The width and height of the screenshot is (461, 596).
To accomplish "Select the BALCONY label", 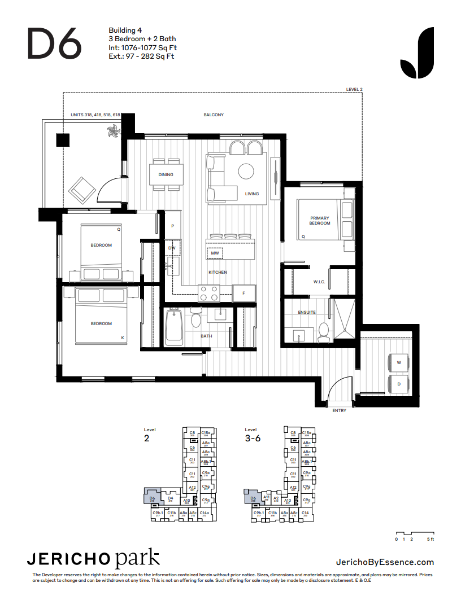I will (214, 115).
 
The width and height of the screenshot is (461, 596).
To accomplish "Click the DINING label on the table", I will (166, 175).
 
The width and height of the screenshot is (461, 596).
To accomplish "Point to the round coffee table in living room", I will (246, 171).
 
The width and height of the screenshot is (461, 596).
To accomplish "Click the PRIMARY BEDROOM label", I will (320, 221).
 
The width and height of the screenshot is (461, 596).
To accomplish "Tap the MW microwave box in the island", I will (215, 253).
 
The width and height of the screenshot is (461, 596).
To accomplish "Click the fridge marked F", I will (243, 293).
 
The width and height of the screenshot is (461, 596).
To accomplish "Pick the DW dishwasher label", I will (172, 248).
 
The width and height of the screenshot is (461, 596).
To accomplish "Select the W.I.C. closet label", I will (320, 282).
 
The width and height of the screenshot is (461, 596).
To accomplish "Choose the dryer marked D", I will (399, 384).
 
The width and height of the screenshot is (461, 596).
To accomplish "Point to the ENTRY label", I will (340, 411).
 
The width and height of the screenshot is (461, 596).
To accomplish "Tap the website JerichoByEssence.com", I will (385, 562).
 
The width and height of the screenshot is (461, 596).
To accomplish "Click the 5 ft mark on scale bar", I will (431, 540).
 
